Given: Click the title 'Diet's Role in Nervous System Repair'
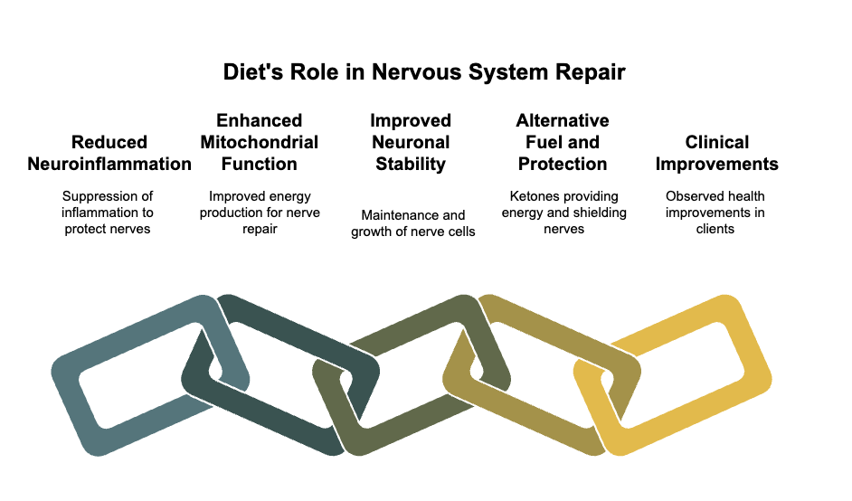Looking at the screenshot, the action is pyautogui.click(x=424, y=72).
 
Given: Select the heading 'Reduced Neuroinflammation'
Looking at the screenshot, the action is pyautogui.click(x=109, y=153).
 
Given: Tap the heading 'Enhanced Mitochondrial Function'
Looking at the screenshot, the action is pyautogui.click(x=260, y=142).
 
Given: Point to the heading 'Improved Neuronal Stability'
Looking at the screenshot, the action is pyautogui.click(x=411, y=142).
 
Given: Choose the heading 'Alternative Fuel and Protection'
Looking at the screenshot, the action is pyautogui.click(x=563, y=142).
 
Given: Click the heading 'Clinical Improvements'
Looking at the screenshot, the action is pyautogui.click(x=716, y=153).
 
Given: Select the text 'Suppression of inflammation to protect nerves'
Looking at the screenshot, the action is pyautogui.click(x=108, y=212).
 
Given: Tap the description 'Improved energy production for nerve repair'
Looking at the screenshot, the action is pyautogui.click(x=260, y=212).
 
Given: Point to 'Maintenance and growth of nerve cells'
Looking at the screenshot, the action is pyautogui.click(x=413, y=223).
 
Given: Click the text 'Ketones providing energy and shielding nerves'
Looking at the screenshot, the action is pyautogui.click(x=564, y=212).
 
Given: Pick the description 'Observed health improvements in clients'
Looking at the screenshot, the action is pyautogui.click(x=715, y=212).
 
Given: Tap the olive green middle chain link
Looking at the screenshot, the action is pyautogui.click(x=413, y=430).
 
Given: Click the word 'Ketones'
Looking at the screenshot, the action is pyautogui.click(x=530, y=196).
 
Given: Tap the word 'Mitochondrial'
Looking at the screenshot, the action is pyautogui.click(x=260, y=142).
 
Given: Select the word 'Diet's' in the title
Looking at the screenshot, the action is pyautogui.click(x=253, y=72).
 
